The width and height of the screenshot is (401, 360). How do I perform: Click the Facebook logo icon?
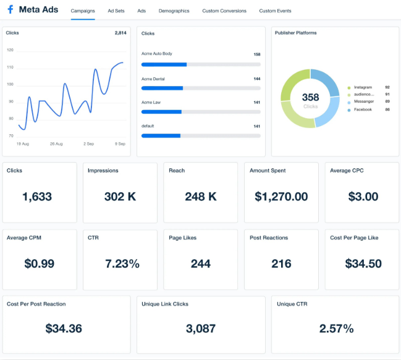[11, 9]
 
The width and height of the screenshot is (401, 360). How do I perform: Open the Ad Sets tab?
[116, 11]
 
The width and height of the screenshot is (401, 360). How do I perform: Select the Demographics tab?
[174, 11]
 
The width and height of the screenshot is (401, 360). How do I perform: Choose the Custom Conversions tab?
[224, 11]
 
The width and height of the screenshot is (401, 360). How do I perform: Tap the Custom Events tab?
[275, 11]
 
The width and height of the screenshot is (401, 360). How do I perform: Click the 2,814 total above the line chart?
[120, 33]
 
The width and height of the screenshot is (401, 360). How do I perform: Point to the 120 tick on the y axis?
[11, 50]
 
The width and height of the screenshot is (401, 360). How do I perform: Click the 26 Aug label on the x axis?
[56, 144]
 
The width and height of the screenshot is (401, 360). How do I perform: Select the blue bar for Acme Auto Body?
[164, 64]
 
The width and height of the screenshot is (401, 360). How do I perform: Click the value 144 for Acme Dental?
[257, 79]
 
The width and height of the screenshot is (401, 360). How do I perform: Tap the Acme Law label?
[151, 103]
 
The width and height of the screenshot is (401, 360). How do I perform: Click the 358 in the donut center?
[310, 97]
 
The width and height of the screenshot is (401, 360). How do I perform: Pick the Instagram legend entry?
[363, 87]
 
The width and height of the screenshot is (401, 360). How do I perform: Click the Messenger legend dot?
[349, 103]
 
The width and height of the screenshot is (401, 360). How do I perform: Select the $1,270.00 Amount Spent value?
[281, 197]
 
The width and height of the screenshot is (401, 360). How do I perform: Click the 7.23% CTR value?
[122, 264]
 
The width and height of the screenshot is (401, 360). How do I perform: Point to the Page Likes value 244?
[201, 264]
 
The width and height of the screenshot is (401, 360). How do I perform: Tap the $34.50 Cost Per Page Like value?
[363, 264]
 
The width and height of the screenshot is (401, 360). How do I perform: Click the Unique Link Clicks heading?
[165, 304]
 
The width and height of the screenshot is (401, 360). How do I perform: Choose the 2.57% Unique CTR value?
[336, 328]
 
